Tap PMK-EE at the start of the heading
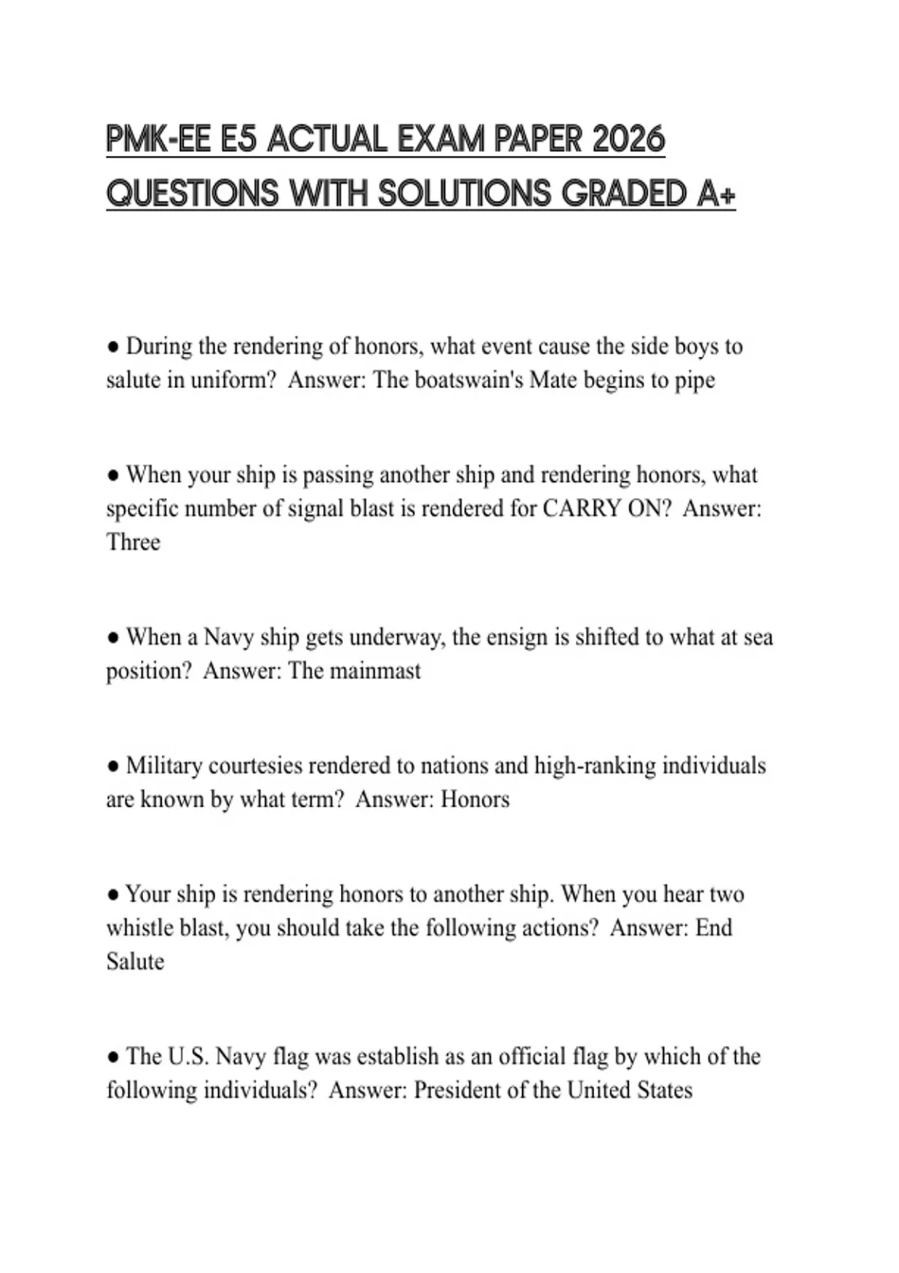pos(158,140)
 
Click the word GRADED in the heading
pos(624,194)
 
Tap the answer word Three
pos(133,541)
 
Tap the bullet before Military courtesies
pos(113,766)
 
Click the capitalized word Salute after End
pos(135,961)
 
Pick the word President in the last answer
pos(458,1090)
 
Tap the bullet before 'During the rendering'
pos(113,347)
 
